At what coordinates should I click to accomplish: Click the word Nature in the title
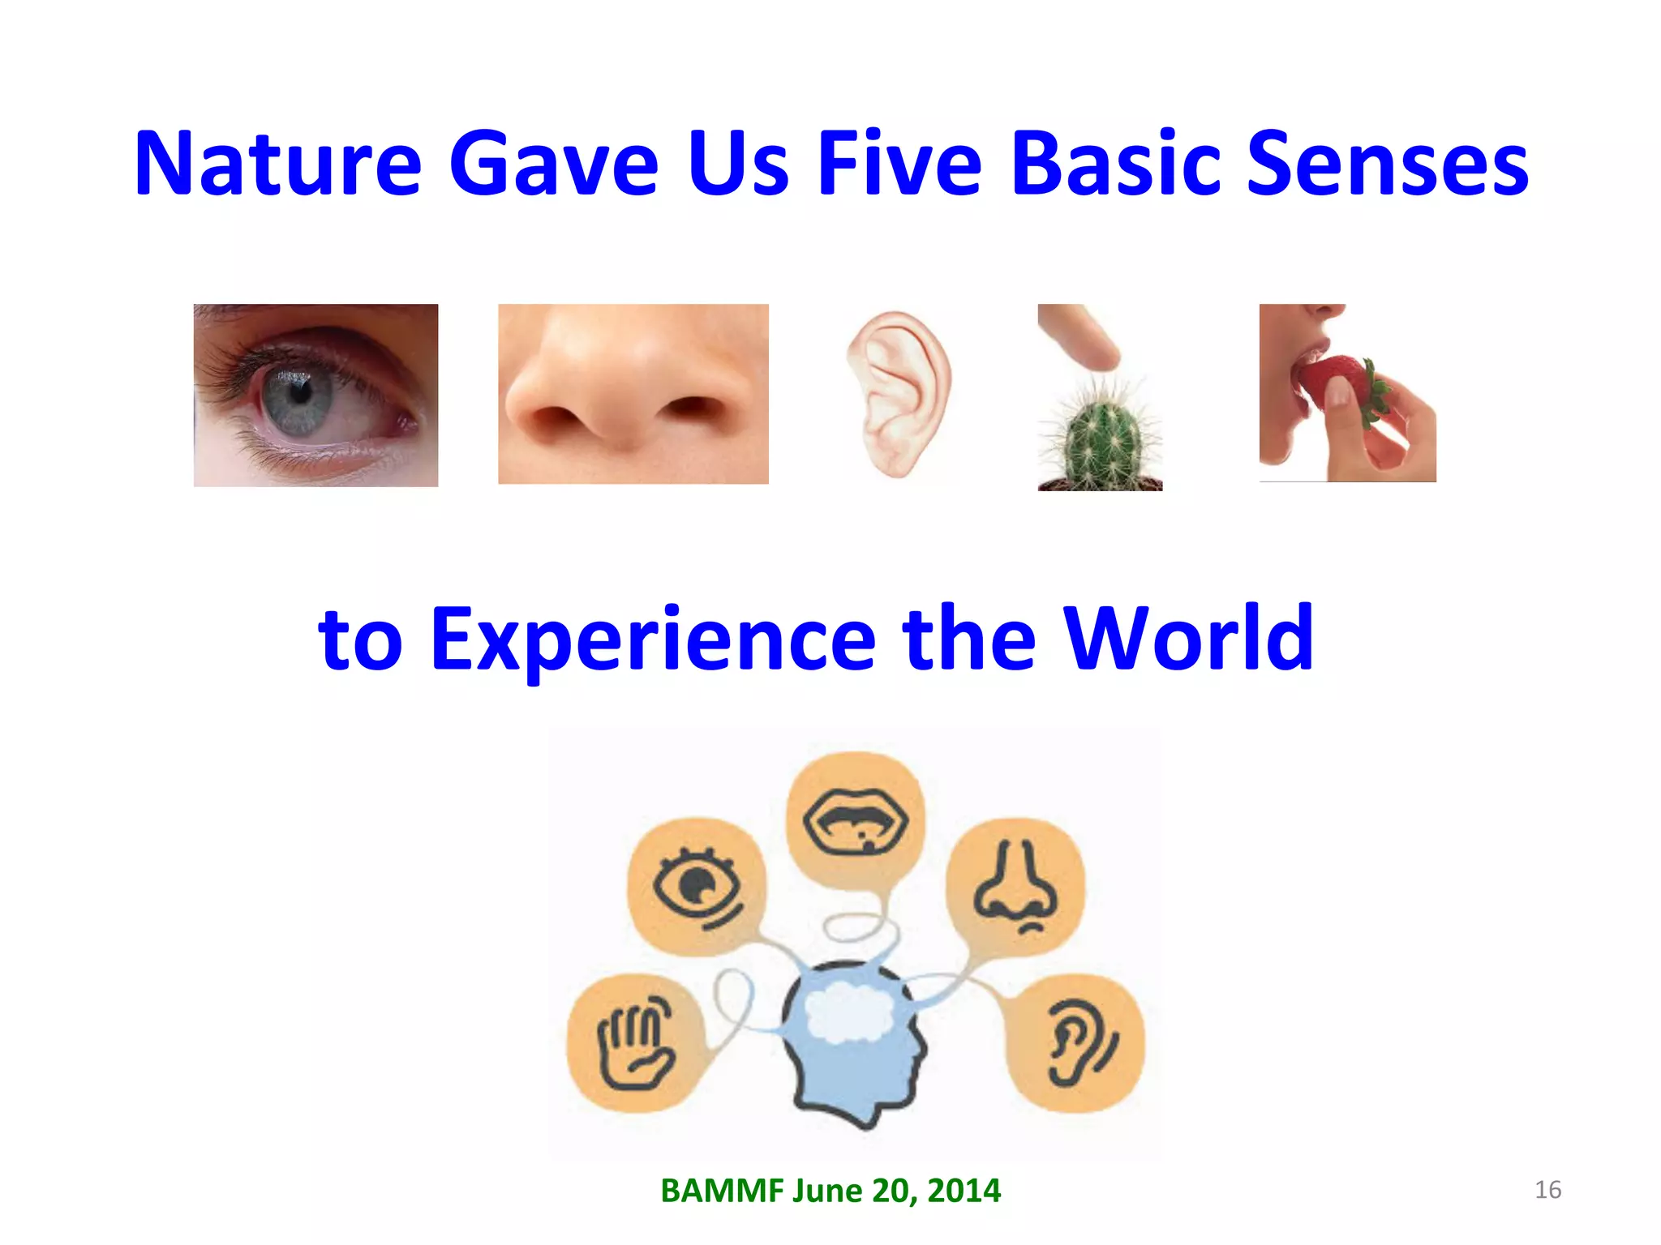click(x=278, y=165)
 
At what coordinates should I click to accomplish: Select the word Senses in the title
click(x=1387, y=165)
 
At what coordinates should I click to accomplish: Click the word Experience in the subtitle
click(x=653, y=640)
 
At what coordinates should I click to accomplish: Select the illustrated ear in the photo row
click(x=899, y=393)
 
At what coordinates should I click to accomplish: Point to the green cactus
click(x=1101, y=438)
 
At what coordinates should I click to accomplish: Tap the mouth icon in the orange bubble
click(x=856, y=823)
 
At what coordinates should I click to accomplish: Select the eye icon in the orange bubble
click(x=696, y=886)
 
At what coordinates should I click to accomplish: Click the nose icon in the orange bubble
click(x=1015, y=886)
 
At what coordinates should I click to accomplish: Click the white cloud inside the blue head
click(x=850, y=1013)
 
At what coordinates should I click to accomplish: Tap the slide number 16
click(x=1547, y=1190)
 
